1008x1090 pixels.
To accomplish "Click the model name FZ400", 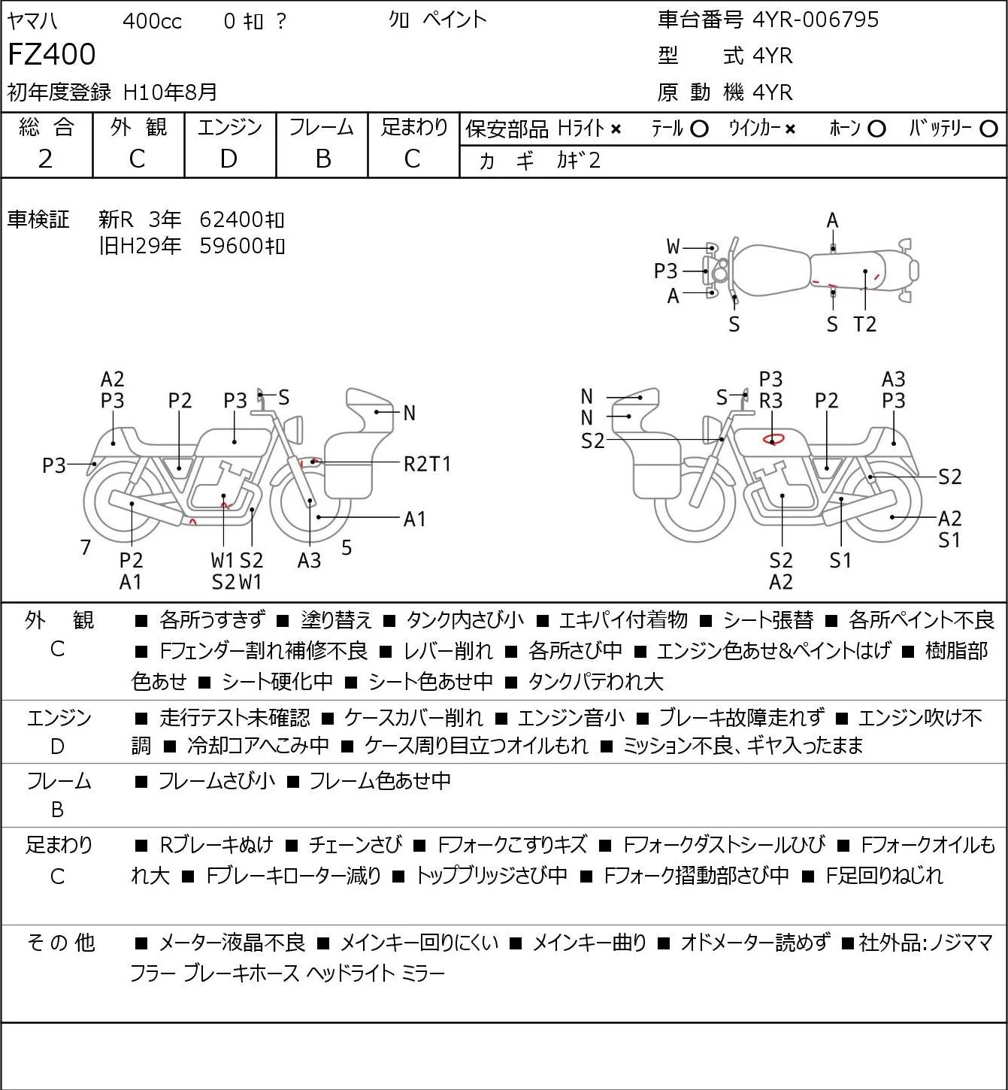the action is pyautogui.click(x=52, y=54).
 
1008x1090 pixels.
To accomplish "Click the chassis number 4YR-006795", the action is pyautogui.click(x=816, y=20).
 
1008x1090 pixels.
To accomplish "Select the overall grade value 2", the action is pyautogui.click(x=46, y=159).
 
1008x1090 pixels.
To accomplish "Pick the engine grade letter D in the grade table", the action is pyautogui.click(x=229, y=159).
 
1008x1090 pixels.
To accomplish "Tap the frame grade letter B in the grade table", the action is pyautogui.click(x=322, y=159).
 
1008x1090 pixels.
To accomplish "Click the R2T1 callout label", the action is pyautogui.click(x=427, y=465).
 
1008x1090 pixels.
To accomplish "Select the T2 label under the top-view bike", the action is pyautogui.click(x=864, y=324).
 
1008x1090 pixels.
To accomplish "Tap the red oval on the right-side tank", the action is pyautogui.click(x=773, y=438).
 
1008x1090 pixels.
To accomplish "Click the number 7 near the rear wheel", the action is pyautogui.click(x=85, y=547).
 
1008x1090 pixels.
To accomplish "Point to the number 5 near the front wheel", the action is pyautogui.click(x=347, y=547).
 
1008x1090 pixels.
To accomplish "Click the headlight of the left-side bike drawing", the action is pyautogui.click(x=294, y=429).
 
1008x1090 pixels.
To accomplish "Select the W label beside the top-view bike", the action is pyautogui.click(x=673, y=247).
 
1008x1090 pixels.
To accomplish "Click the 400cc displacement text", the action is pyautogui.click(x=152, y=21).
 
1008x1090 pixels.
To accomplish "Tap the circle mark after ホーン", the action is pyautogui.click(x=876, y=129).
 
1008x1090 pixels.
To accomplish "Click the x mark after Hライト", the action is pyautogui.click(x=616, y=129).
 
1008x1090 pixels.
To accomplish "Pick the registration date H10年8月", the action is pyautogui.click(x=170, y=92).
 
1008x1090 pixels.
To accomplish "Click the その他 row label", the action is pyautogui.click(x=61, y=943).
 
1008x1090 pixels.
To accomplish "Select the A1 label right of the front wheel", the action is pyautogui.click(x=414, y=519).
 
